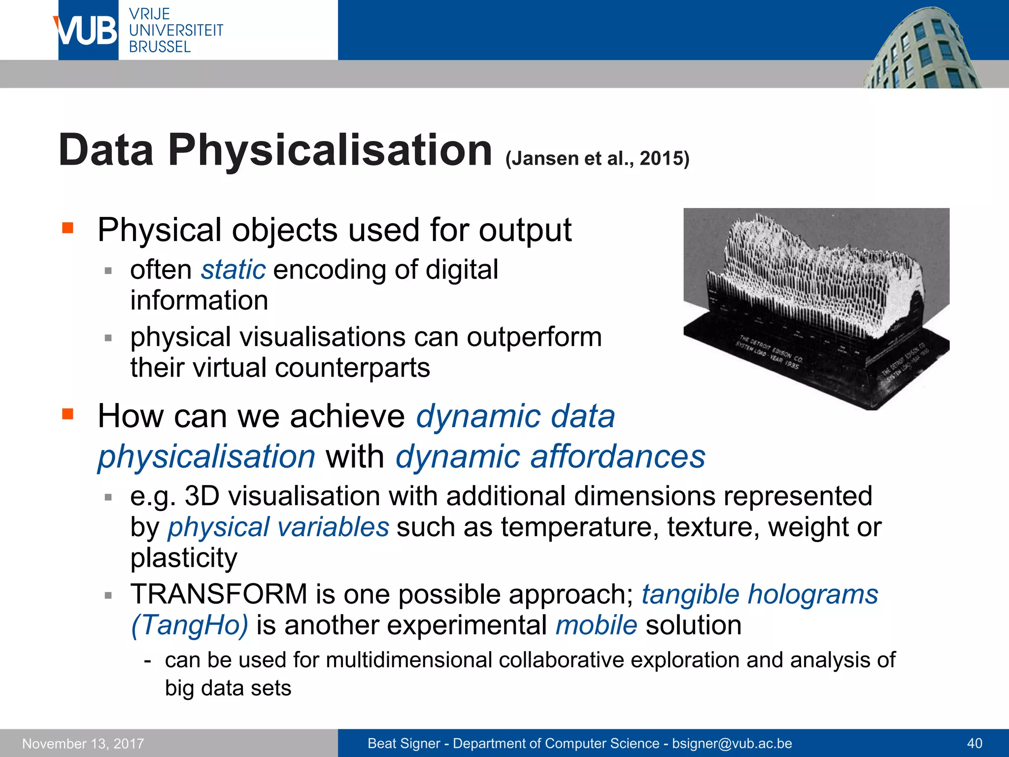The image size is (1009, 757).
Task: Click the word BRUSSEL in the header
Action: click(x=160, y=47)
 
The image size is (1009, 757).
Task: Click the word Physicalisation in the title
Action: click(x=330, y=150)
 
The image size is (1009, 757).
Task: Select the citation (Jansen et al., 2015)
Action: click(x=597, y=159)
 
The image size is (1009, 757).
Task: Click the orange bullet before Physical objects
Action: click(x=67, y=228)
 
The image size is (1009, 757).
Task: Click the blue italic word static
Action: click(x=233, y=270)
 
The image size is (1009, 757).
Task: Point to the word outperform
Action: click(x=534, y=338)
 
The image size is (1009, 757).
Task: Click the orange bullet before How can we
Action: click(x=67, y=413)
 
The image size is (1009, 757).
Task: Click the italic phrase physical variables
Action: click(x=278, y=527)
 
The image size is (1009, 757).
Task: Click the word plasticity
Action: click(x=184, y=558)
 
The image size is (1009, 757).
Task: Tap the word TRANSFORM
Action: click(x=219, y=594)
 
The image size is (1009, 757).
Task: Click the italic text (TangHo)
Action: click(x=190, y=625)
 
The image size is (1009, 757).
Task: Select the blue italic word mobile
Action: click(x=596, y=625)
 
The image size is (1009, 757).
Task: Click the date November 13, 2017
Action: click(x=83, y=744)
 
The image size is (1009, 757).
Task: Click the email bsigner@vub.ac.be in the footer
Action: click(x=732, y=744)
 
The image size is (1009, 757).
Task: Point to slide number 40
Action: click(x=975, y=744)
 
